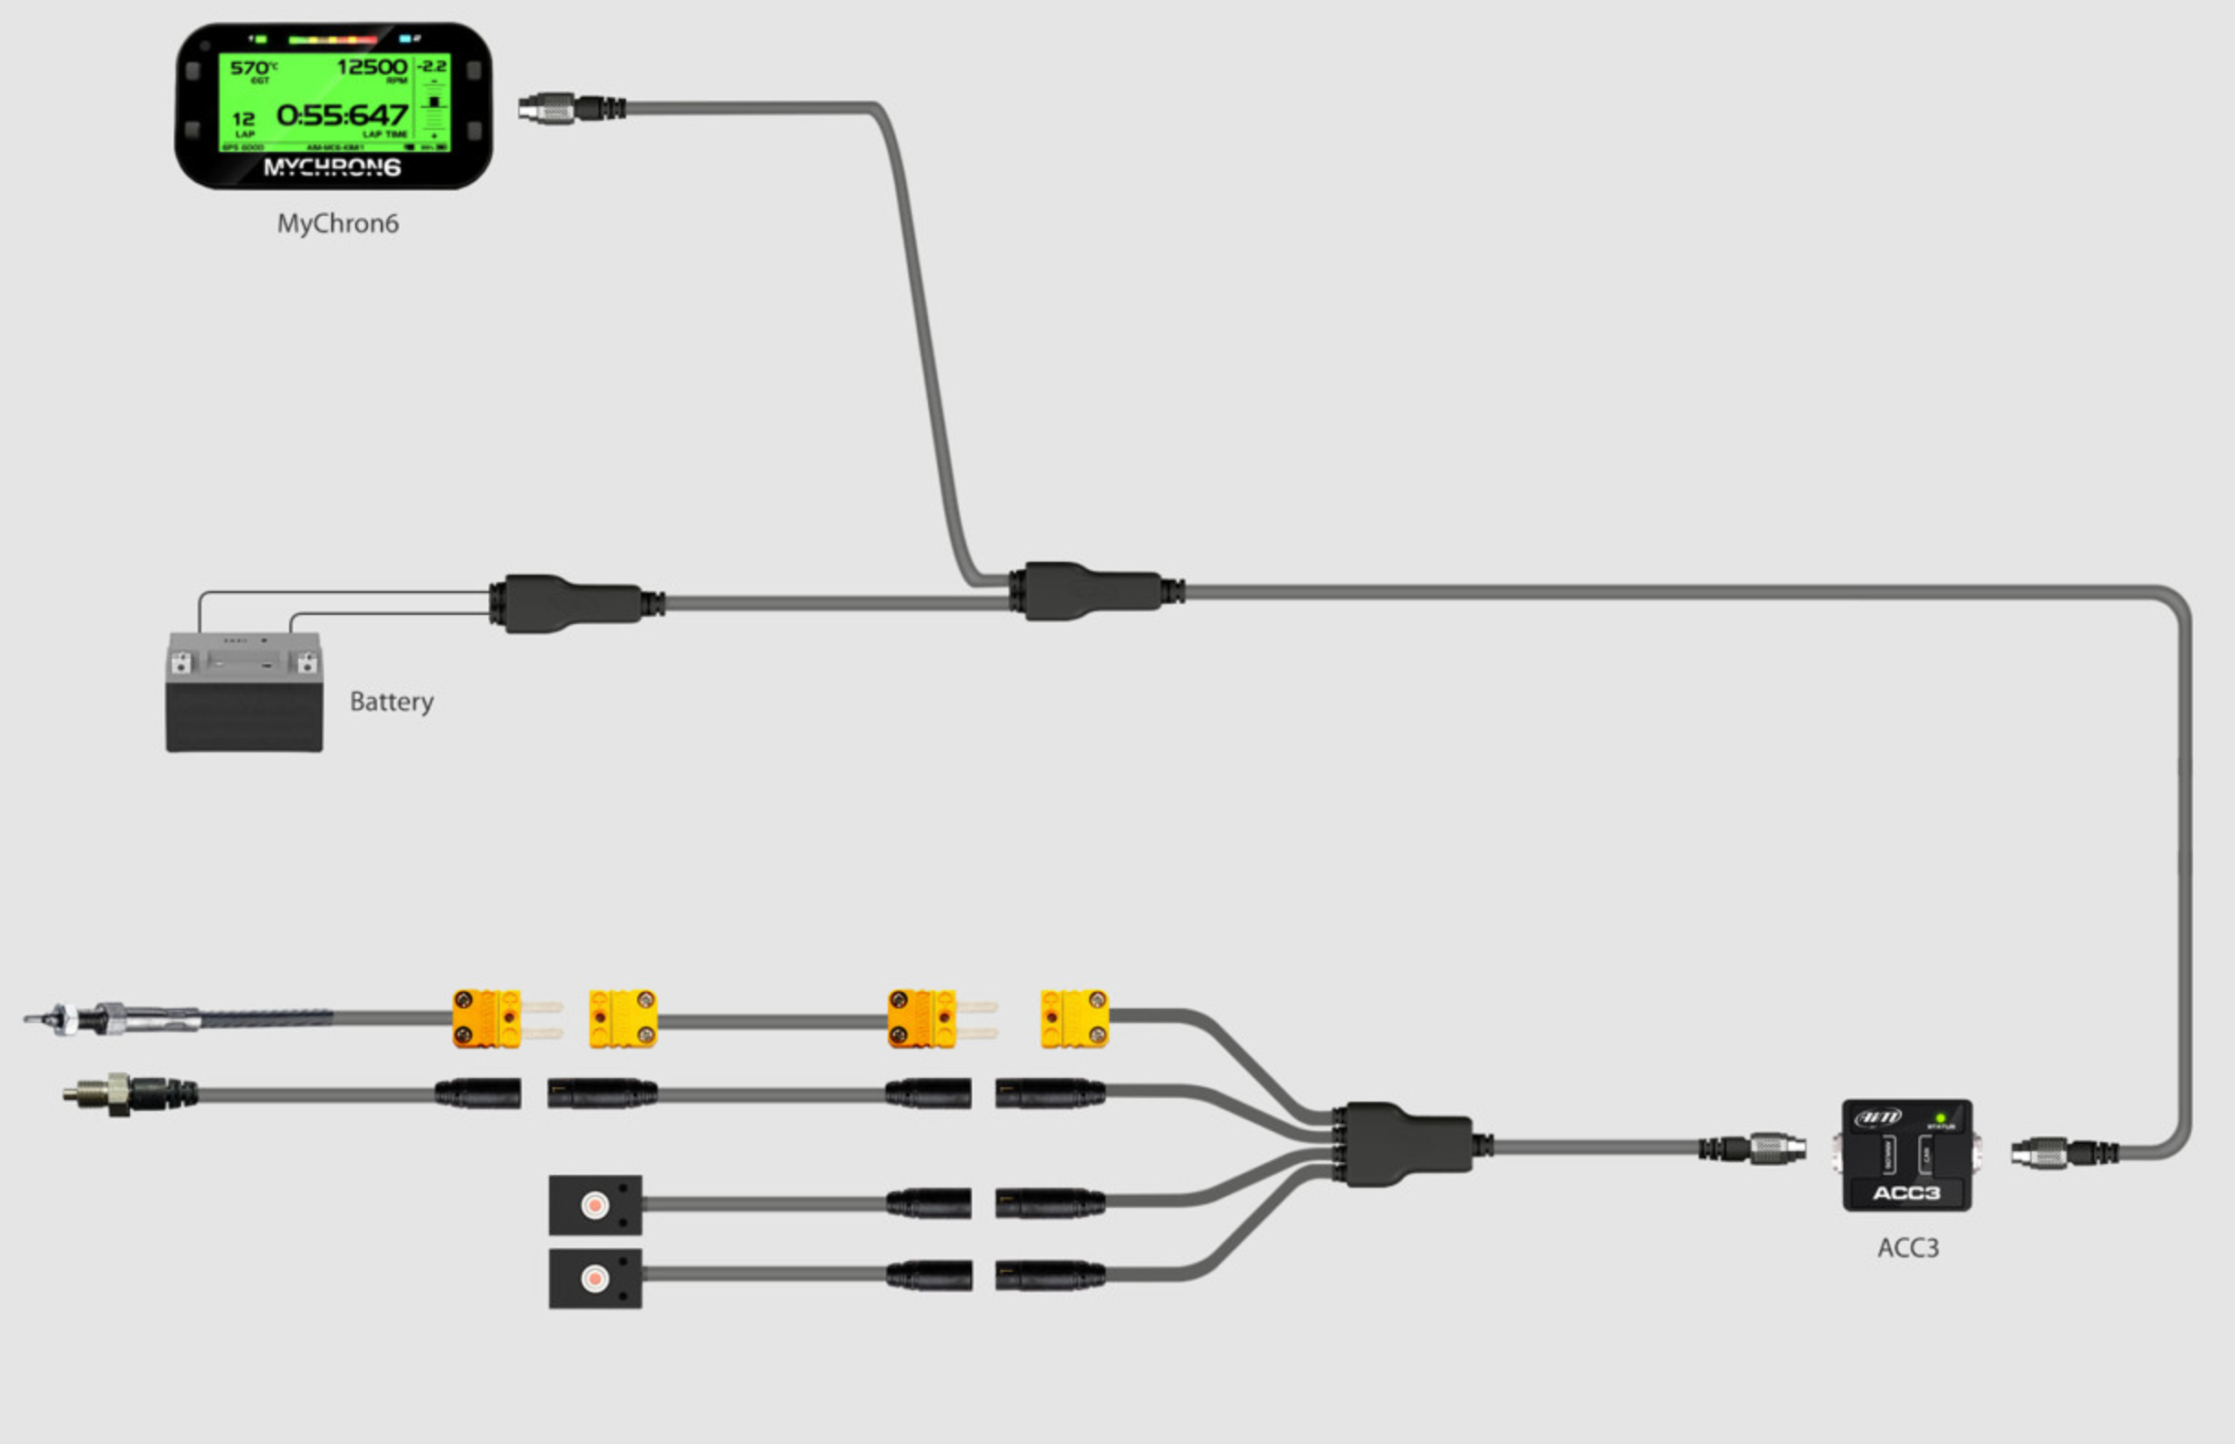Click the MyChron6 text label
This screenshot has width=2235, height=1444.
[x=338, y=223]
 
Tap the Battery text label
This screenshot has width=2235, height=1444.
[x=391, y=701]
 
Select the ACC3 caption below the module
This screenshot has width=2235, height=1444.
[x=1907, y=1248]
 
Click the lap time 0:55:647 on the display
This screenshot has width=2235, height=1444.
[x=342, y=115]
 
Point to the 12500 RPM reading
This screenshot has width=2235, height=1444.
[x=372, y=67]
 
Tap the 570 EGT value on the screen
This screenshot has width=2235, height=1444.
[x=251, y=68]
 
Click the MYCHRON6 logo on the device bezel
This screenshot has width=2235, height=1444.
[x=332, y=167]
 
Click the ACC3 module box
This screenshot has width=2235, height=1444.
[x=1906, y=1155]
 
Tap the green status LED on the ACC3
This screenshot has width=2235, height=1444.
[x=1940, y=1118]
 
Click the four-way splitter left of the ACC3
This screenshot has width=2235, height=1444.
[x=1407, y=1144]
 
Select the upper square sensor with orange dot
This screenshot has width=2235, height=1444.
[x=595, y=1205]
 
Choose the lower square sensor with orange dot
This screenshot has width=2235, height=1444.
[x=595, y=1278]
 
